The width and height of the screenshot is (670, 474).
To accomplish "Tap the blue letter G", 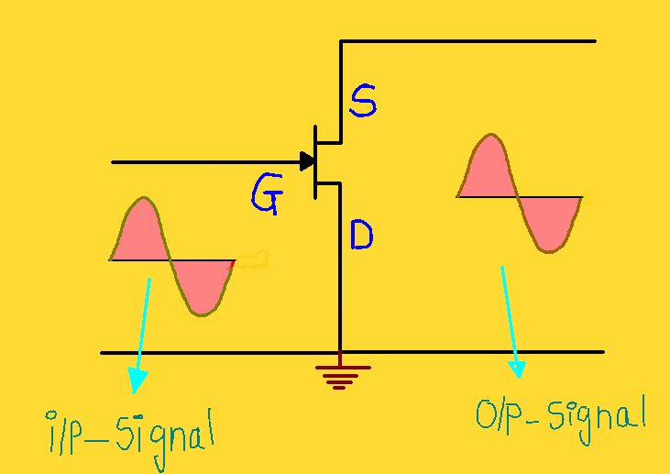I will click(267, 193).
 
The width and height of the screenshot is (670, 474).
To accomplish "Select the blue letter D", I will click(362, 237).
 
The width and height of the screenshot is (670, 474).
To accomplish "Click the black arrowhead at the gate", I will click(305, 161).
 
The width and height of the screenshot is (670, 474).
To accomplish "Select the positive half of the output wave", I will click(488, 170).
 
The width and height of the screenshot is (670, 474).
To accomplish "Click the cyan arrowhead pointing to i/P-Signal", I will click(137, 378).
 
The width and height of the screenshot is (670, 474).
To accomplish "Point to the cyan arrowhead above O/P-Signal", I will click(518, 369).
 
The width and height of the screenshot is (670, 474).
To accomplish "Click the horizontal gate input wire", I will click(202, 162).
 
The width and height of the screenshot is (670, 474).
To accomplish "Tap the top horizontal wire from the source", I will click(467, 41).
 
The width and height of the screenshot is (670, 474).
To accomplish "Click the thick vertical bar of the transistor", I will click(314, 162).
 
